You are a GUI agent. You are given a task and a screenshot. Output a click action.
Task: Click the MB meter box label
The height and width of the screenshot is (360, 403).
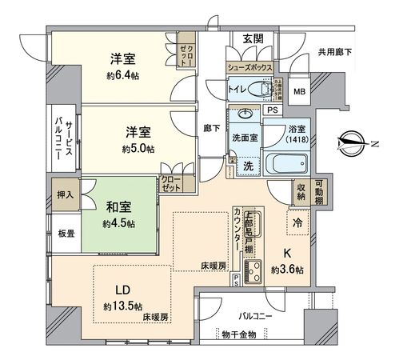(x=300, y=91)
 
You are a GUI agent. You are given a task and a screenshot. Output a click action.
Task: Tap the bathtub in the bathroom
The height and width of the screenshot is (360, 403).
(x=293, y=166)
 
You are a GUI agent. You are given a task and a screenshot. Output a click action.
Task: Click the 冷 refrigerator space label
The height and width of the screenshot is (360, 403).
(x=297, y=223)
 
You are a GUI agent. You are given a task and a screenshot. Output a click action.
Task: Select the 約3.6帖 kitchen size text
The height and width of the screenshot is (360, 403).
(x=287, y=270)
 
